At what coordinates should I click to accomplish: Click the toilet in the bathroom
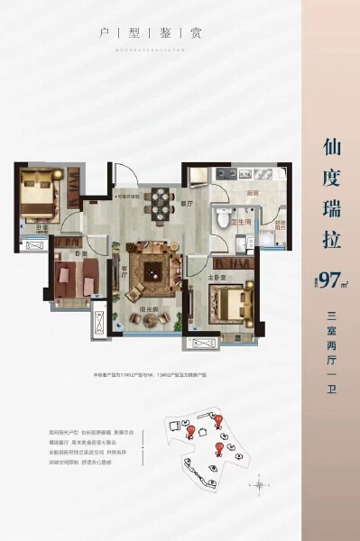point(222,220)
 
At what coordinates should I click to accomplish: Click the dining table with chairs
point(161,205)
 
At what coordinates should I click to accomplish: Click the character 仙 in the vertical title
point(329,146)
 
